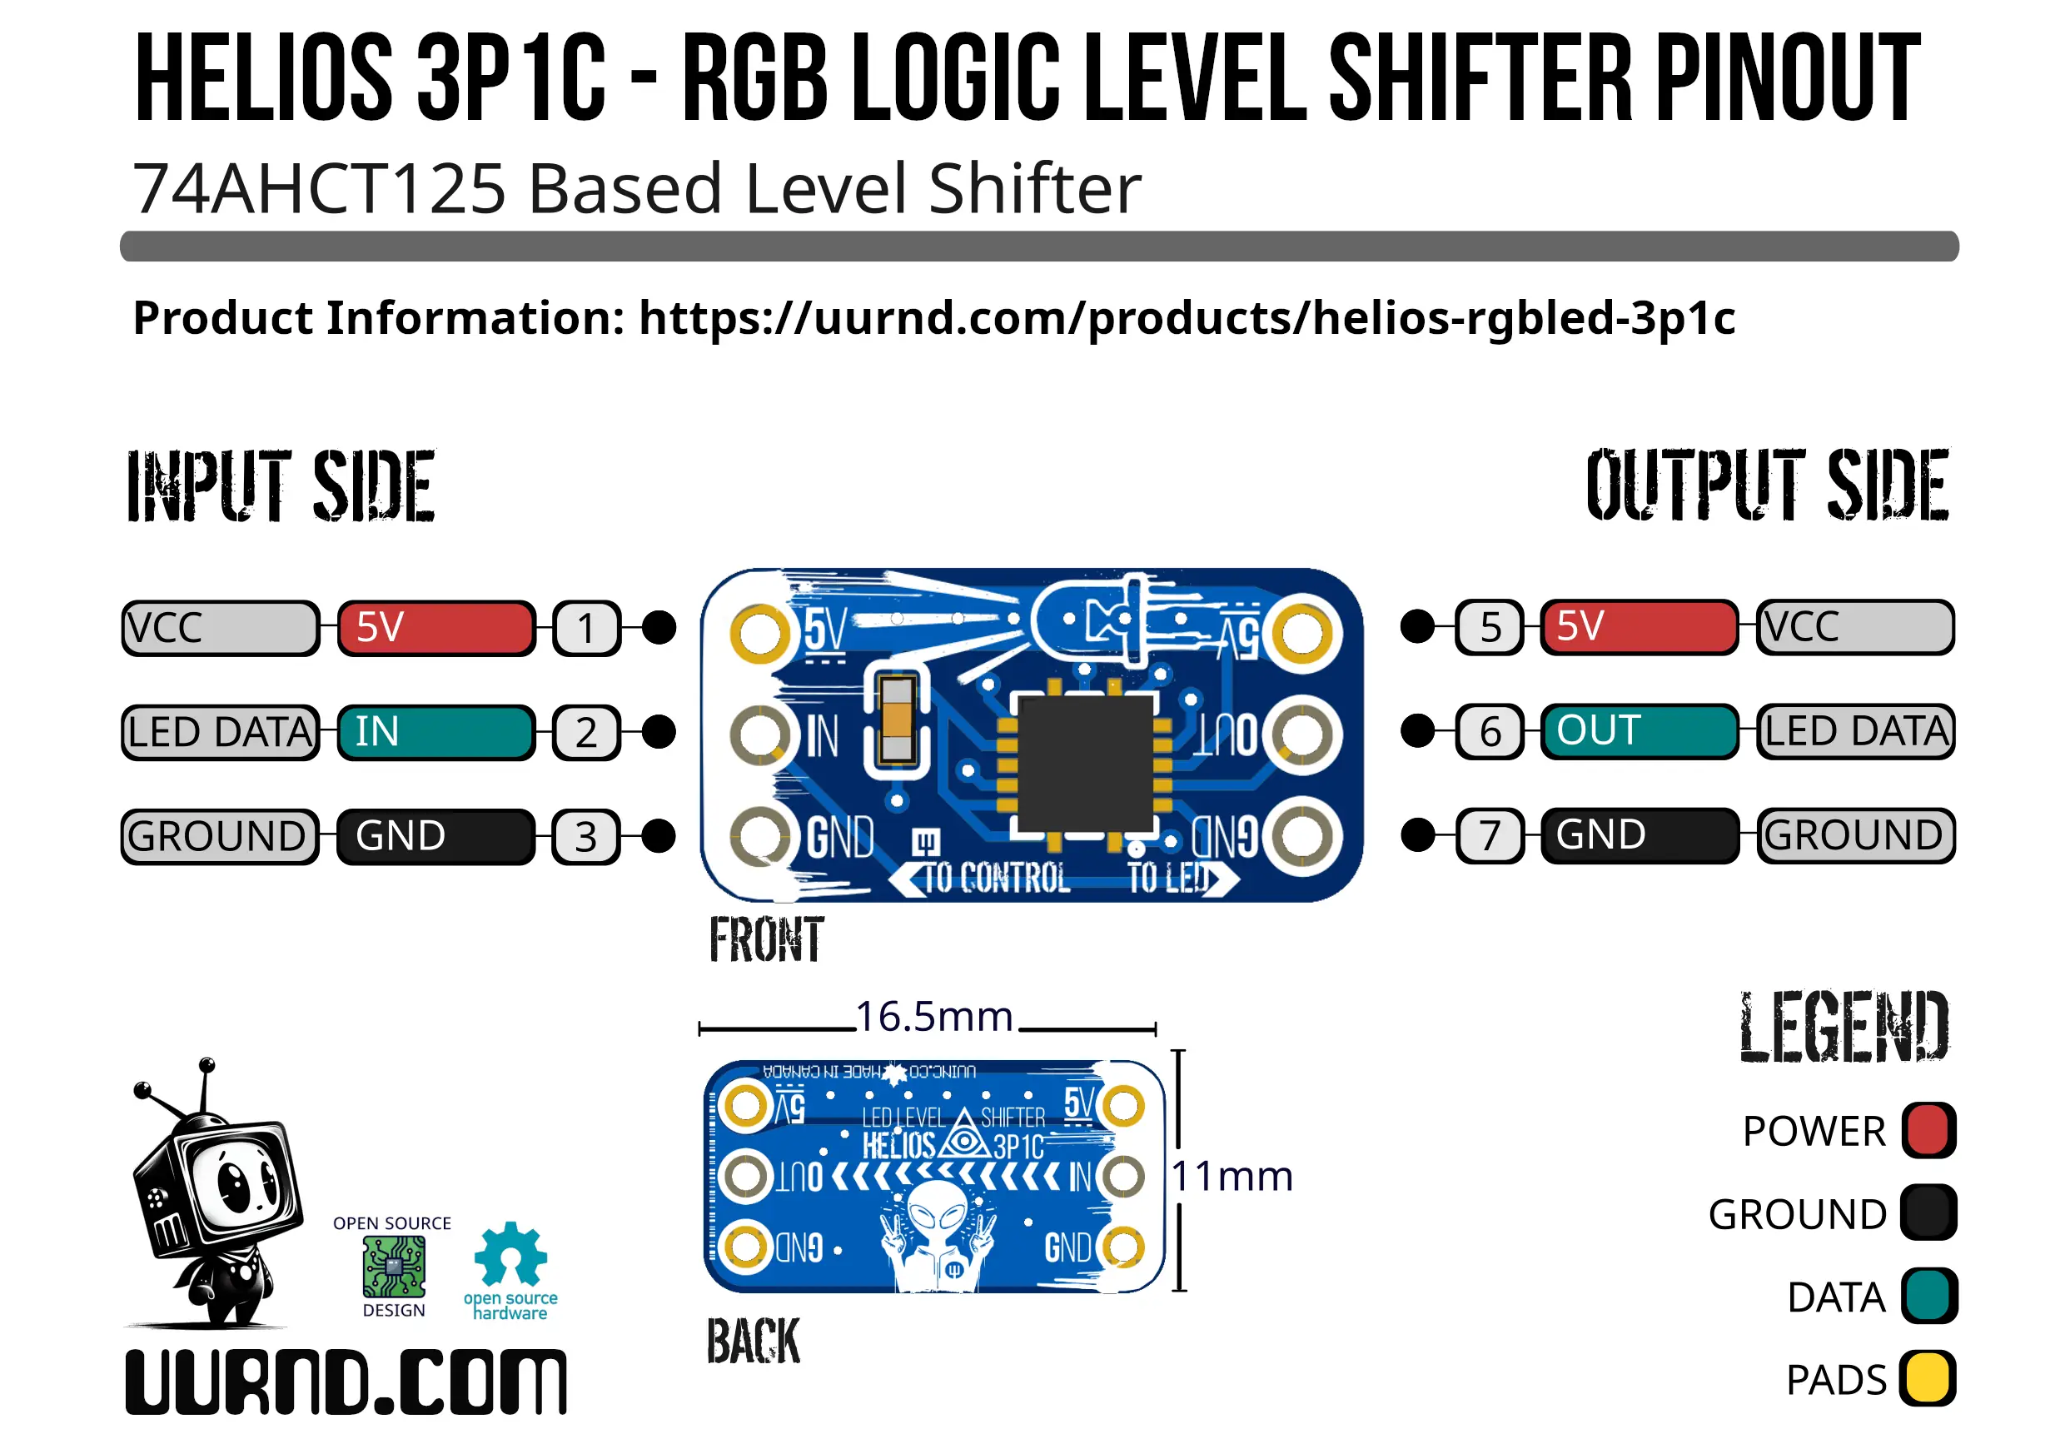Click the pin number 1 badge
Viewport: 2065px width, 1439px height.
coord(586,628)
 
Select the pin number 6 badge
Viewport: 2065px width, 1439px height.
coord(1490,731)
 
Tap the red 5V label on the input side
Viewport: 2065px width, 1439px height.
coord(436,628)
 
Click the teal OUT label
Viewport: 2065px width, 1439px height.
coord(1638,730)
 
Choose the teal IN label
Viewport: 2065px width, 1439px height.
coord(436,732)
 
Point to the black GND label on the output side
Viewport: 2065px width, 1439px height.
coord(1638,835)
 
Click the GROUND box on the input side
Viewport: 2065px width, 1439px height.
coord(221,836)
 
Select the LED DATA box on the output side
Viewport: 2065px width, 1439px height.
coord(1854,731)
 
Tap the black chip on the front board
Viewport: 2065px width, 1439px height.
coord(1084,764)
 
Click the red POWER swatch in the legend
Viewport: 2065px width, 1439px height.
coord(1928,1129)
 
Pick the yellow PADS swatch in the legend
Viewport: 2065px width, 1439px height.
coord(1928,1379)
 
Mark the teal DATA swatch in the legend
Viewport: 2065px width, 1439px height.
coord(1928,1296)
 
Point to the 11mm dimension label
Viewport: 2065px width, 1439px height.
coord(1232,1177)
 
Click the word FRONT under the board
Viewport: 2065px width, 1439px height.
coord(766,941)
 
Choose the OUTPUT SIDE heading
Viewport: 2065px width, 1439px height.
coord(1766,485)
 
